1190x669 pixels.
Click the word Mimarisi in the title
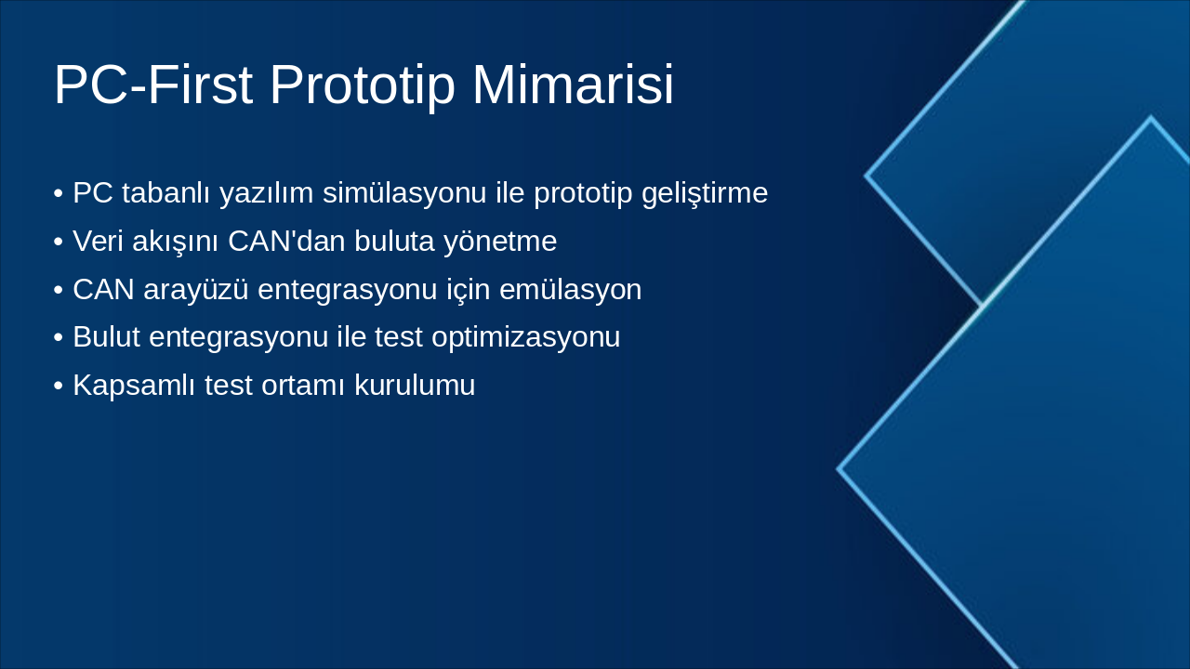tap(574, 85)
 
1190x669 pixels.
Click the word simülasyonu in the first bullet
tap(404, 192)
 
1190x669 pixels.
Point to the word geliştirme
tap(705, 193)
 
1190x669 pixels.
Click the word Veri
tap(98, 241)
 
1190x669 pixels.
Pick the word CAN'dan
tap(287, 241)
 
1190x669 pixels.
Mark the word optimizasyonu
tap(526, 338)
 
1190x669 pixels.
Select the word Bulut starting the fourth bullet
tap(106, 336)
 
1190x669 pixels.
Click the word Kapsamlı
tap(134, 386)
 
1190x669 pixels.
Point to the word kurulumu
tap(415, 385)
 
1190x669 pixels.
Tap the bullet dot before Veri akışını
tap(58, 243)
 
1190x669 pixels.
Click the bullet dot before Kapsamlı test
tap(58, 386)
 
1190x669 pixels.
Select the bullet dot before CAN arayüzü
tap(58, 291)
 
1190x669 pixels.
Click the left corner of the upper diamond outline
tap(866, 176)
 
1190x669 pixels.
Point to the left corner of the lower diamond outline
tap(839, 469)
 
